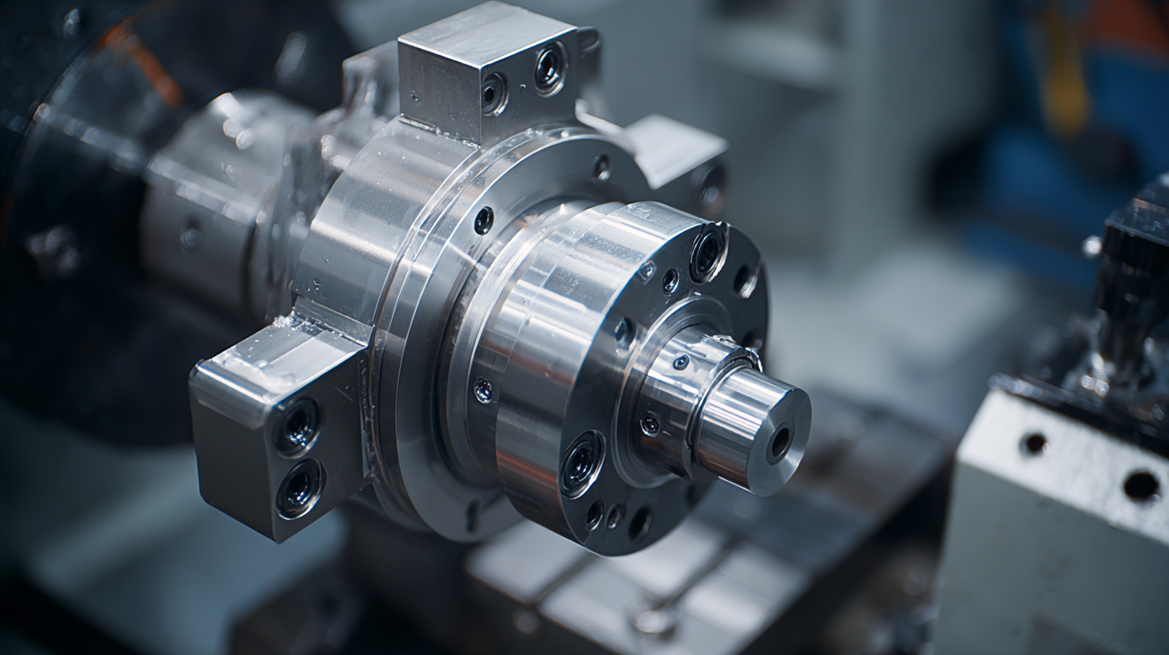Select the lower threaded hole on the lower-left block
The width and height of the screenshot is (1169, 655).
pyautogui.click(x=300, y=487)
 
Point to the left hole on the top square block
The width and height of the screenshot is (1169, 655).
pyautogui.click(x=493, y=94)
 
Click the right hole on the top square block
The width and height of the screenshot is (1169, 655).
pyautogui.click(x=550, y=69)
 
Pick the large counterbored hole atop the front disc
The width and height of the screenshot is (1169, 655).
pyautogui.click(x=707, y=252)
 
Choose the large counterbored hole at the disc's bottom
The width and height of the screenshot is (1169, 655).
pyautogui.click(x=582, y=464)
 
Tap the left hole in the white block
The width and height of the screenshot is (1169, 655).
pyautogui.click(x=1034, y=443)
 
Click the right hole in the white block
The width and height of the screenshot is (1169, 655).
pyautogui.click(x=1140, y=486)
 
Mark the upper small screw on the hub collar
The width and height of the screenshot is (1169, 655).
pyautogui.click(x=681, y=363)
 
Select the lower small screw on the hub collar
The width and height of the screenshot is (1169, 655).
pyautogui.click(x=650, y=425)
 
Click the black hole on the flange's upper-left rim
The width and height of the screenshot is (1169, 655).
pyautogui.click(x=483, y=220)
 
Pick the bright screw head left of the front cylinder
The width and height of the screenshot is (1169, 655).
pyautogui.click(x=483, y=390)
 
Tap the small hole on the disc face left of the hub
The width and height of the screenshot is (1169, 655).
pyautogui.click(x=624, y=331)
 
